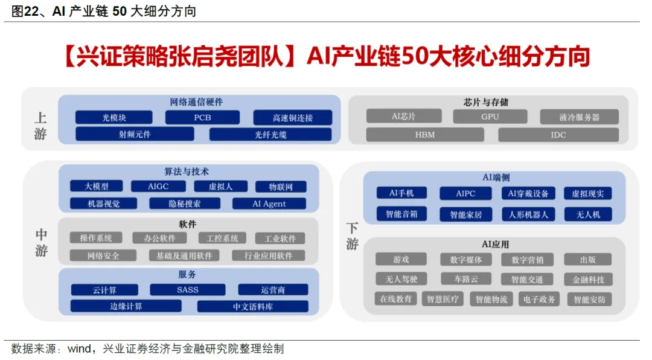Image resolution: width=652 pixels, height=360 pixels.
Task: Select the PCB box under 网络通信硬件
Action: pyautogui.click(x=202, y=118)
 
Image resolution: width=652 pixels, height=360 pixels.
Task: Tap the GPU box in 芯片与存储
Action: pyautogui.click(x=490, y=117)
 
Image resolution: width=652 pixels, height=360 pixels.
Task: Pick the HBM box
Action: pyautogui.click(x=424, y=135)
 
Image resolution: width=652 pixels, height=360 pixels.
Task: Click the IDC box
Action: pyautogui.click(x=558, y=135)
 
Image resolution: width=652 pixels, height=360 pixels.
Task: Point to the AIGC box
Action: pyautogui.click(x=158, y=187)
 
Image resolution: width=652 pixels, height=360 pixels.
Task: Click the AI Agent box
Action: pyautogui.click(x=269, y=204)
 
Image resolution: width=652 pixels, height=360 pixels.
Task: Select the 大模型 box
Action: pyautogui.click(x=97, y=187)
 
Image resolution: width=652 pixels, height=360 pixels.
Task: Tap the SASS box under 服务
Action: pyautogui.click(x=188, y=290)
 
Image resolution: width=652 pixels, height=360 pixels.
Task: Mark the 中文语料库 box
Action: pyautogui.click(x=252, y=306)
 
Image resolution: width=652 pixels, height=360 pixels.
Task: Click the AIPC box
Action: pyautogui.click(x=465, y=194)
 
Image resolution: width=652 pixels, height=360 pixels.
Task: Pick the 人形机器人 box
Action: pyautogui.click(x=528, y=214)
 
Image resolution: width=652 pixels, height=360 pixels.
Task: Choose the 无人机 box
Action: pyautogui.click(x=587, y=214)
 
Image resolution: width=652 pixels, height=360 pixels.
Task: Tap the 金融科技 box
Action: pyautogui.click(x=587, y=280)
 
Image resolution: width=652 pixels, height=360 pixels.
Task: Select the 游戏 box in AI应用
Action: pyautogui.click(x=401, y=260)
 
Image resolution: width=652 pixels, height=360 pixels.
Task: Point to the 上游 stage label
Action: pyautogui.click(x=40, y=126)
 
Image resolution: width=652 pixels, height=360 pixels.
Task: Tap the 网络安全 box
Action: pyautogui.click(x=103, y=256)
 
